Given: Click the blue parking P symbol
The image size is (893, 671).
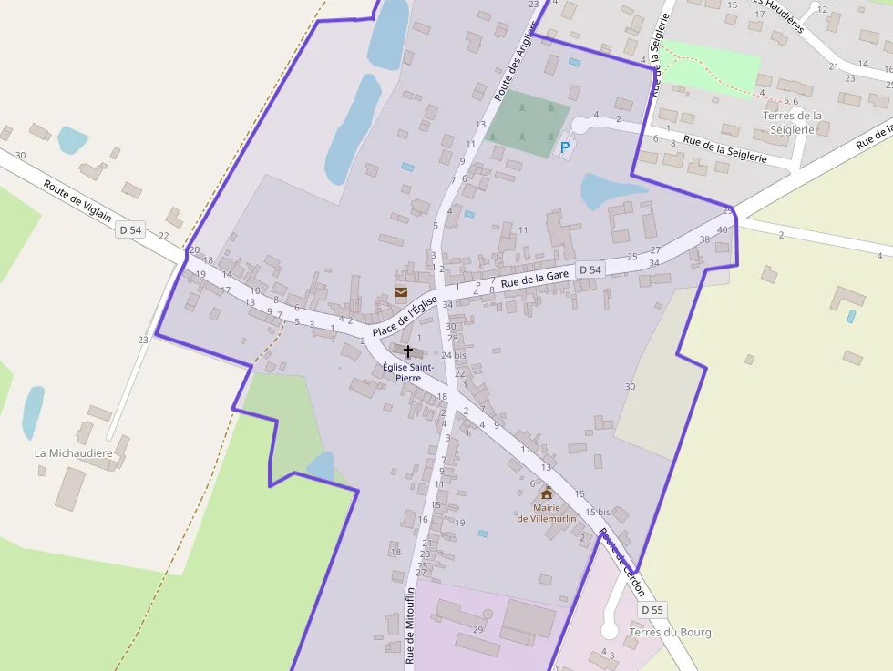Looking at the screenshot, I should pos(565,147).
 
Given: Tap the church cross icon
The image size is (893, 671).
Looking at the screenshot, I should pos(408,351).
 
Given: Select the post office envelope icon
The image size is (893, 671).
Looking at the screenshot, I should pos(401,291).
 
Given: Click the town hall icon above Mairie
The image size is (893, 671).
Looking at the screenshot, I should pos(547,493).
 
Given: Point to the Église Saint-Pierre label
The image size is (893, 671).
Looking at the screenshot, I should pos(407,371).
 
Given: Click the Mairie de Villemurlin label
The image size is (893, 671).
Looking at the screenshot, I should pos(547,513).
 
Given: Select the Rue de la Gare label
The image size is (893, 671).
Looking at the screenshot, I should pos(535,278).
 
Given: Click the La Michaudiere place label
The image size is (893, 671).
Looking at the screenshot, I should pos(73,452).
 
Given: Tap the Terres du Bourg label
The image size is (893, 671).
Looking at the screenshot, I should pos(670,632).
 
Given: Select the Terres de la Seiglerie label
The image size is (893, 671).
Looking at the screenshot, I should pos(792,122).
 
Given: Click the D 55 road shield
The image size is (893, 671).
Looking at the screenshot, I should pos(652,609).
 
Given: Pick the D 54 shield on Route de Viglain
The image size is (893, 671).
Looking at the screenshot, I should pos(131,230).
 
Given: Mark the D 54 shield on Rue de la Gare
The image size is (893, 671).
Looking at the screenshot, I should pos(590,269).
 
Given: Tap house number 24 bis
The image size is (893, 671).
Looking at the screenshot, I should pos(453,355).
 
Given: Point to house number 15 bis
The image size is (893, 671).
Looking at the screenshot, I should pos(597,513).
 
